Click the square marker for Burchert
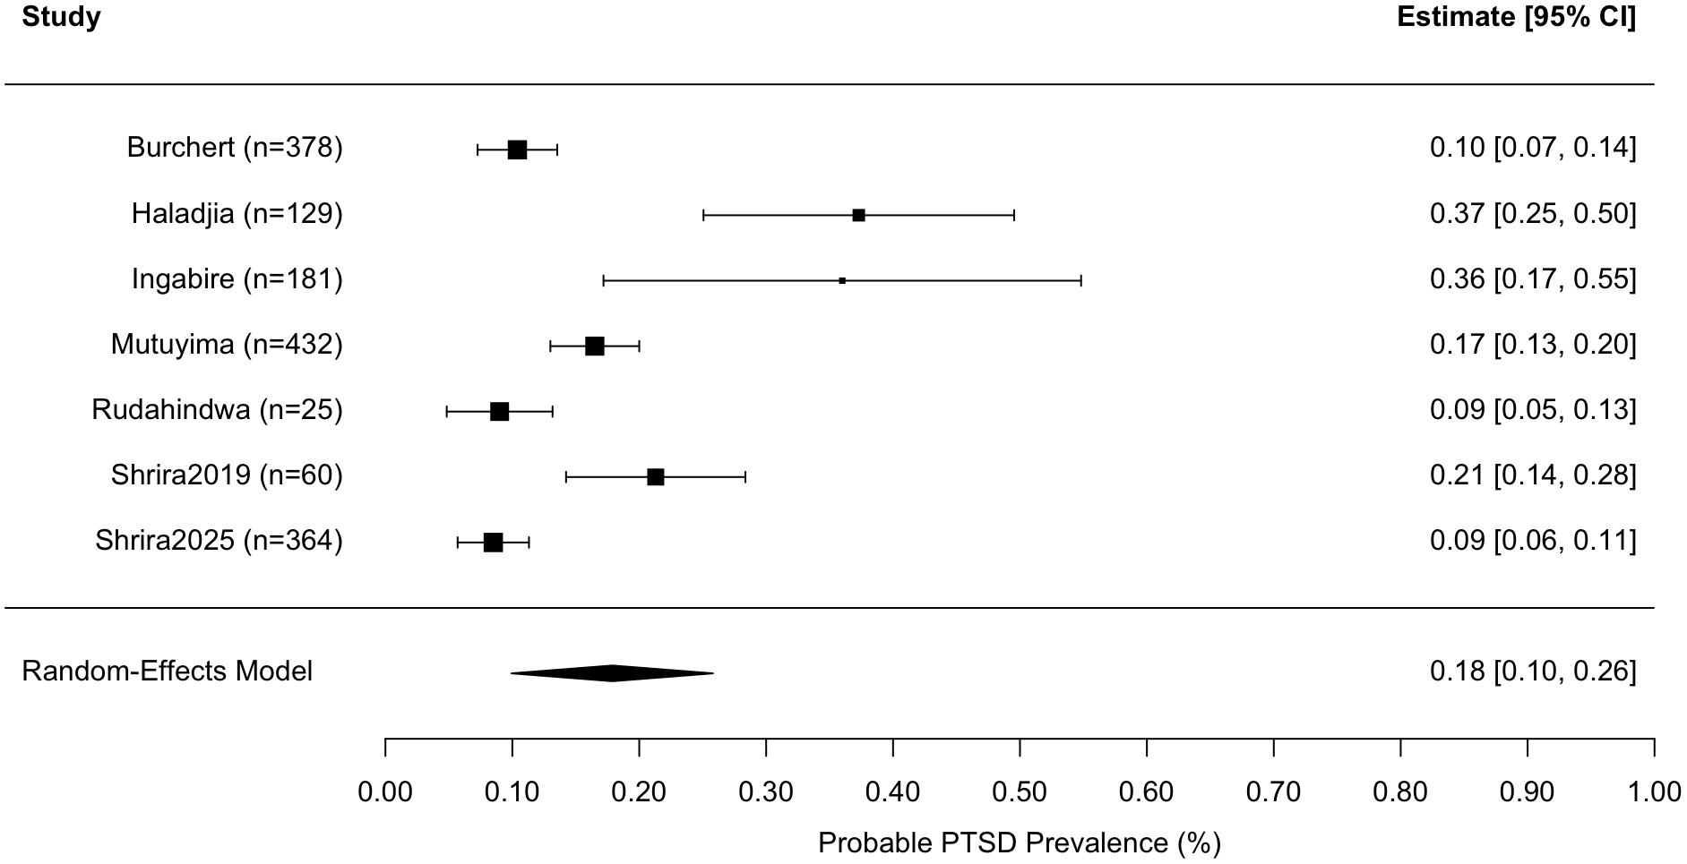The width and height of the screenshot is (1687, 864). coord(517,150)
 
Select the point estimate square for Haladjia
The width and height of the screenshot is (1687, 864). coord(858,215)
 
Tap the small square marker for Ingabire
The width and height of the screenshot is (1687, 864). coord(842,280)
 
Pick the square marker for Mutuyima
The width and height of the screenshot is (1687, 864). coord(595,346)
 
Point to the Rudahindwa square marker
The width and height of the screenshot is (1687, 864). coord(500,412)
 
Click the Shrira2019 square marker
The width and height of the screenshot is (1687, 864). coord(656,477)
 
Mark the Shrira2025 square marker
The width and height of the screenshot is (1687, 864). coord(493,543)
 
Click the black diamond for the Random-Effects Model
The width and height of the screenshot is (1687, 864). coord(612,673)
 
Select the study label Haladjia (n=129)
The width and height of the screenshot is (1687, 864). coord(237,214)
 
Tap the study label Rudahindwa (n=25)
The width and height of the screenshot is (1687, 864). coord(217,410)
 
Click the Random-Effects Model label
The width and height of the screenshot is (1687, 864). coord(168,672)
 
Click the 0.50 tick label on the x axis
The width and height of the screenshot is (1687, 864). coord(1020,791)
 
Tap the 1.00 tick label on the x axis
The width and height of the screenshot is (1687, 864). coord(1654,791)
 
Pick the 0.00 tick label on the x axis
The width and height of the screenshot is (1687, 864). coord(385,791)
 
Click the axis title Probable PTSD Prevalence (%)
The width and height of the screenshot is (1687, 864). coord(1020,843)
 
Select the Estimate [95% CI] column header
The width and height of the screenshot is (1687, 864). coord(1516,17)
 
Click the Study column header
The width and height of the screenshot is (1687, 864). coord(61,17)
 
